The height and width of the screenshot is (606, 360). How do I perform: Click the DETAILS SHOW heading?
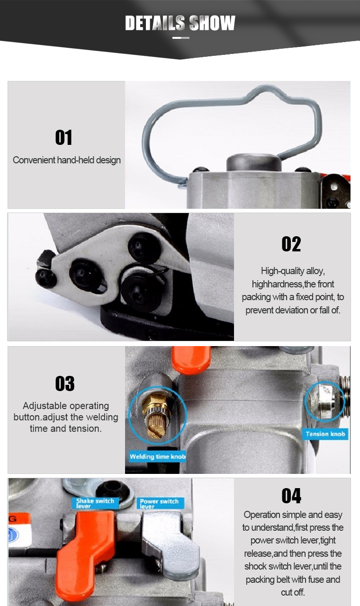coord(180,23)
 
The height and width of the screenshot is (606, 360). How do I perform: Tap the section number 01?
coord(63,137)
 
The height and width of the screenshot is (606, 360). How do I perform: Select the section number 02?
coord(291,244)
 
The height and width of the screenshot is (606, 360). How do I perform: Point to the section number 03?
coord(65,383)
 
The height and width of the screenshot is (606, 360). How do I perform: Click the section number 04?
coord(291,496)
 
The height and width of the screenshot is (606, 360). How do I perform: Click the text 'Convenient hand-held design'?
coord(67,160)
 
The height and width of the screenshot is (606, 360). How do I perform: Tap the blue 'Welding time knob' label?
coord(158,457)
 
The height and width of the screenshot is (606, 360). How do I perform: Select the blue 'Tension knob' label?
coord(325,434)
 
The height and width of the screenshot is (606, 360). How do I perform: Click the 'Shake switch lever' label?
coord(95,503)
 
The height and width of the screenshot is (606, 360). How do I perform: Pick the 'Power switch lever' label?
coord(160,503)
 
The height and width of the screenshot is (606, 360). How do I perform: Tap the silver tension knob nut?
coord(326,401)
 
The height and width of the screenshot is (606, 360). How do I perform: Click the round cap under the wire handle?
coord(254,162)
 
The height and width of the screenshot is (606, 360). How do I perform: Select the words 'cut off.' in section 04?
coord(293,592)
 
